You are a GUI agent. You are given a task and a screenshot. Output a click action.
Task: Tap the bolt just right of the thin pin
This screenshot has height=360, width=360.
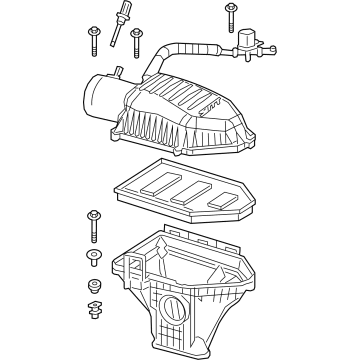tap(134, 38)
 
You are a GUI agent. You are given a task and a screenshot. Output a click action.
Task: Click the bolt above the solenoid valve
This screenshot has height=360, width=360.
tap(230, 14)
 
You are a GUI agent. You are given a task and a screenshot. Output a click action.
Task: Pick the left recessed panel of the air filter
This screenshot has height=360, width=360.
tap(157, 183)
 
